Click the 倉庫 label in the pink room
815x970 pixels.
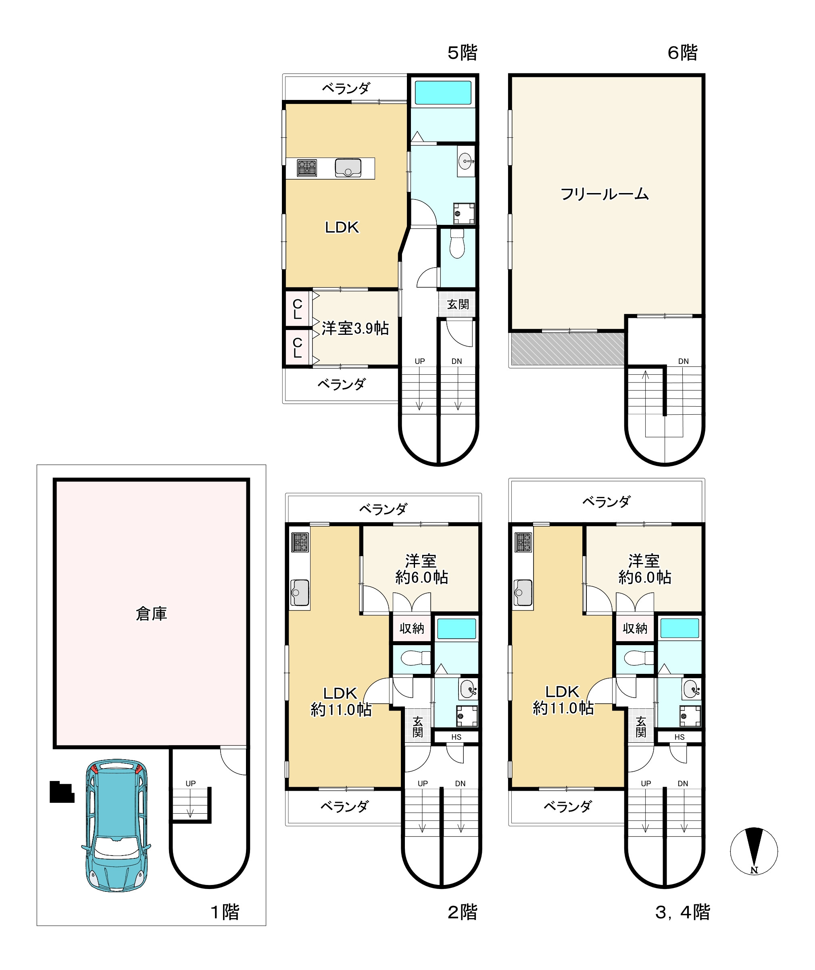pyautogui.click(x=151, y=614)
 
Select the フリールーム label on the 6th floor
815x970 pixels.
pyautogui.click(x=604, y=194)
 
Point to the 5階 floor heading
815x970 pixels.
pyautogui.click(x=462, y=53)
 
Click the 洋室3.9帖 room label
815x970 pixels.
pyautogui.click(x=355, y=328)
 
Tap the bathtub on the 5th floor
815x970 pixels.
pyautogui.click(x=443, y=92)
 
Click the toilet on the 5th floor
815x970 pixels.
pyautogui.click(x=457, y=243)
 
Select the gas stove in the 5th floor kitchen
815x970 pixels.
pyautogui.click(x=307, y=168)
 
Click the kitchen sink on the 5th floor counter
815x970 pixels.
pyautogui.click(x=348, y=168)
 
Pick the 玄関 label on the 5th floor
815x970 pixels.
pyautogui.click(x=458, y=304)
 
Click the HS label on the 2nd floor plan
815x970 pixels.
pyautogui.click(x=456, y=737)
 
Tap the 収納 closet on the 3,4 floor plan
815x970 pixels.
pyautogui.click(x=634, y=628)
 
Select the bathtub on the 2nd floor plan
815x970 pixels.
pyautogui.click(x=456, y=629)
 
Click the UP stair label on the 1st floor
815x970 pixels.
pyautogui.click(x=190, y=783)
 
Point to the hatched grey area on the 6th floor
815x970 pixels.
pyautogui.click(x=568, y=349)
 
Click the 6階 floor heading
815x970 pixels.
pyautogui.click(x=682, y=53)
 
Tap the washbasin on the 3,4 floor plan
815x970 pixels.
pyautogui.click(x=692, y=689)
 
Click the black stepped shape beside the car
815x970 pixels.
pyautogui.click(x=61, y=792)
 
